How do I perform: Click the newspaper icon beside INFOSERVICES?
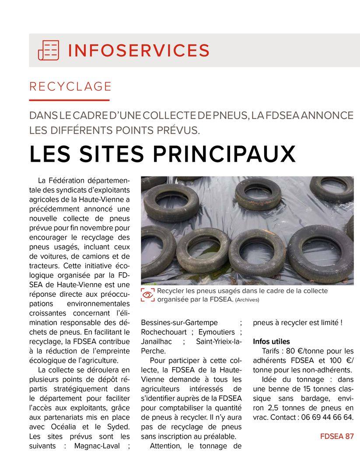tap(48, 50)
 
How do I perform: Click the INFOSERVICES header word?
tap(139, 50)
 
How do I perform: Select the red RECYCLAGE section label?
tap(70, 87)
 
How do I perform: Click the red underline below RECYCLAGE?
tap(69, 100)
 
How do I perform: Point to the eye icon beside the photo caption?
tap(148, 295)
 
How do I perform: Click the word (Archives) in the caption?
tap(247, 300)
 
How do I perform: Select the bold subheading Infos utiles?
tap(271, 341)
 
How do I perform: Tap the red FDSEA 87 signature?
tap(336, 436)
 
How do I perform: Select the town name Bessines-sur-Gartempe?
tap(179, 322)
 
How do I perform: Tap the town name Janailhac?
tap(157, 341)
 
